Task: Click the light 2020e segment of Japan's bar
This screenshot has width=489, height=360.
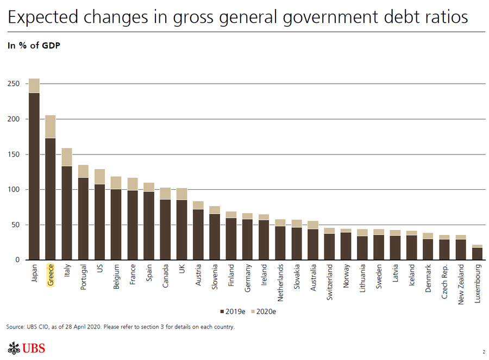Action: pos(34,85)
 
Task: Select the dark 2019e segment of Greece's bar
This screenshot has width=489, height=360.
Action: pos(50,198)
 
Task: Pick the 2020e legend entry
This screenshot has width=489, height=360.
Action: pos(266,312)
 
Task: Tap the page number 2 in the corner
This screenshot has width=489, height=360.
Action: pos(483,352)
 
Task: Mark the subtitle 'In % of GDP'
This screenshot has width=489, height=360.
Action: pos(33,46)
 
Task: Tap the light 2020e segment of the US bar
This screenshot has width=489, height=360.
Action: pos(99,176)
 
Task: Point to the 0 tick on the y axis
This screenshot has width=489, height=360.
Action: pos(18,260)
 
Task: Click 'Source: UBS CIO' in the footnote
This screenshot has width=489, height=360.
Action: pos(28,327)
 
